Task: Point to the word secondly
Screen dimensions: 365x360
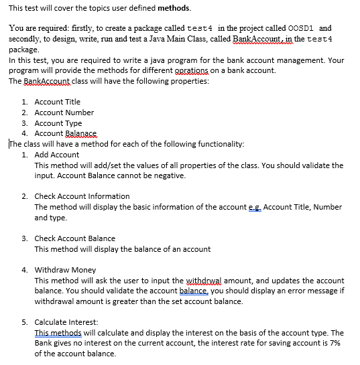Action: tap(26, 40)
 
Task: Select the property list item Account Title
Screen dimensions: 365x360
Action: tap(57, 102)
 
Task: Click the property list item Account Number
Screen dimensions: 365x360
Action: tap(64, 113)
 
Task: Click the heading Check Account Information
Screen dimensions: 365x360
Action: tap(82, 196)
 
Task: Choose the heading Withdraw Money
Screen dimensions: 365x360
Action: tap(65, 270)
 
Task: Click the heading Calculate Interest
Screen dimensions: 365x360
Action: tap(66, 322)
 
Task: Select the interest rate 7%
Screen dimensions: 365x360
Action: tap(335, 344)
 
